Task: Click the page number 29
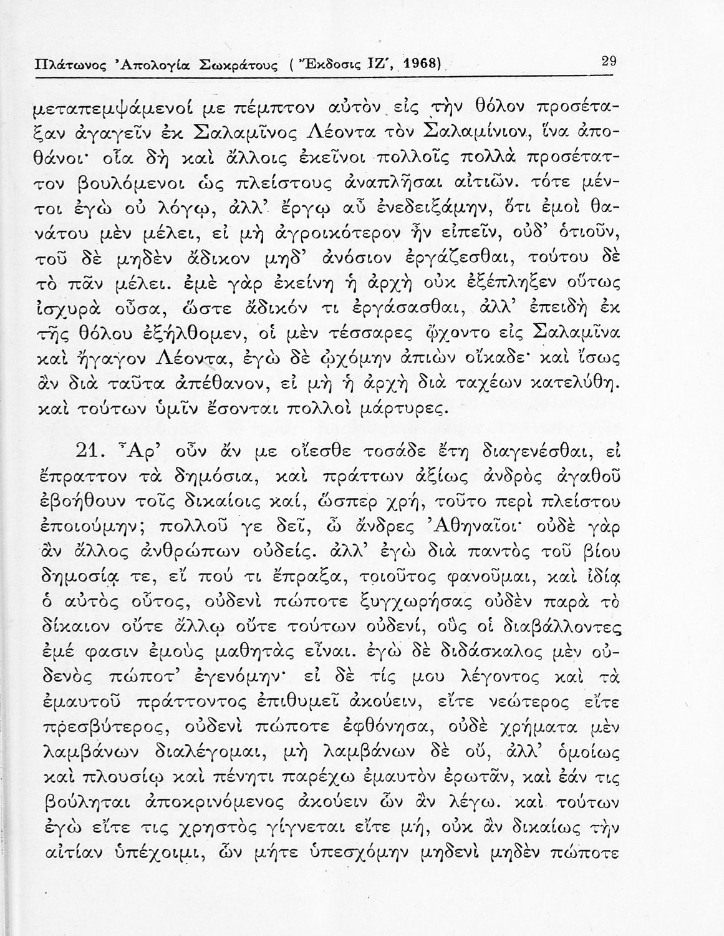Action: click(609, 61)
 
